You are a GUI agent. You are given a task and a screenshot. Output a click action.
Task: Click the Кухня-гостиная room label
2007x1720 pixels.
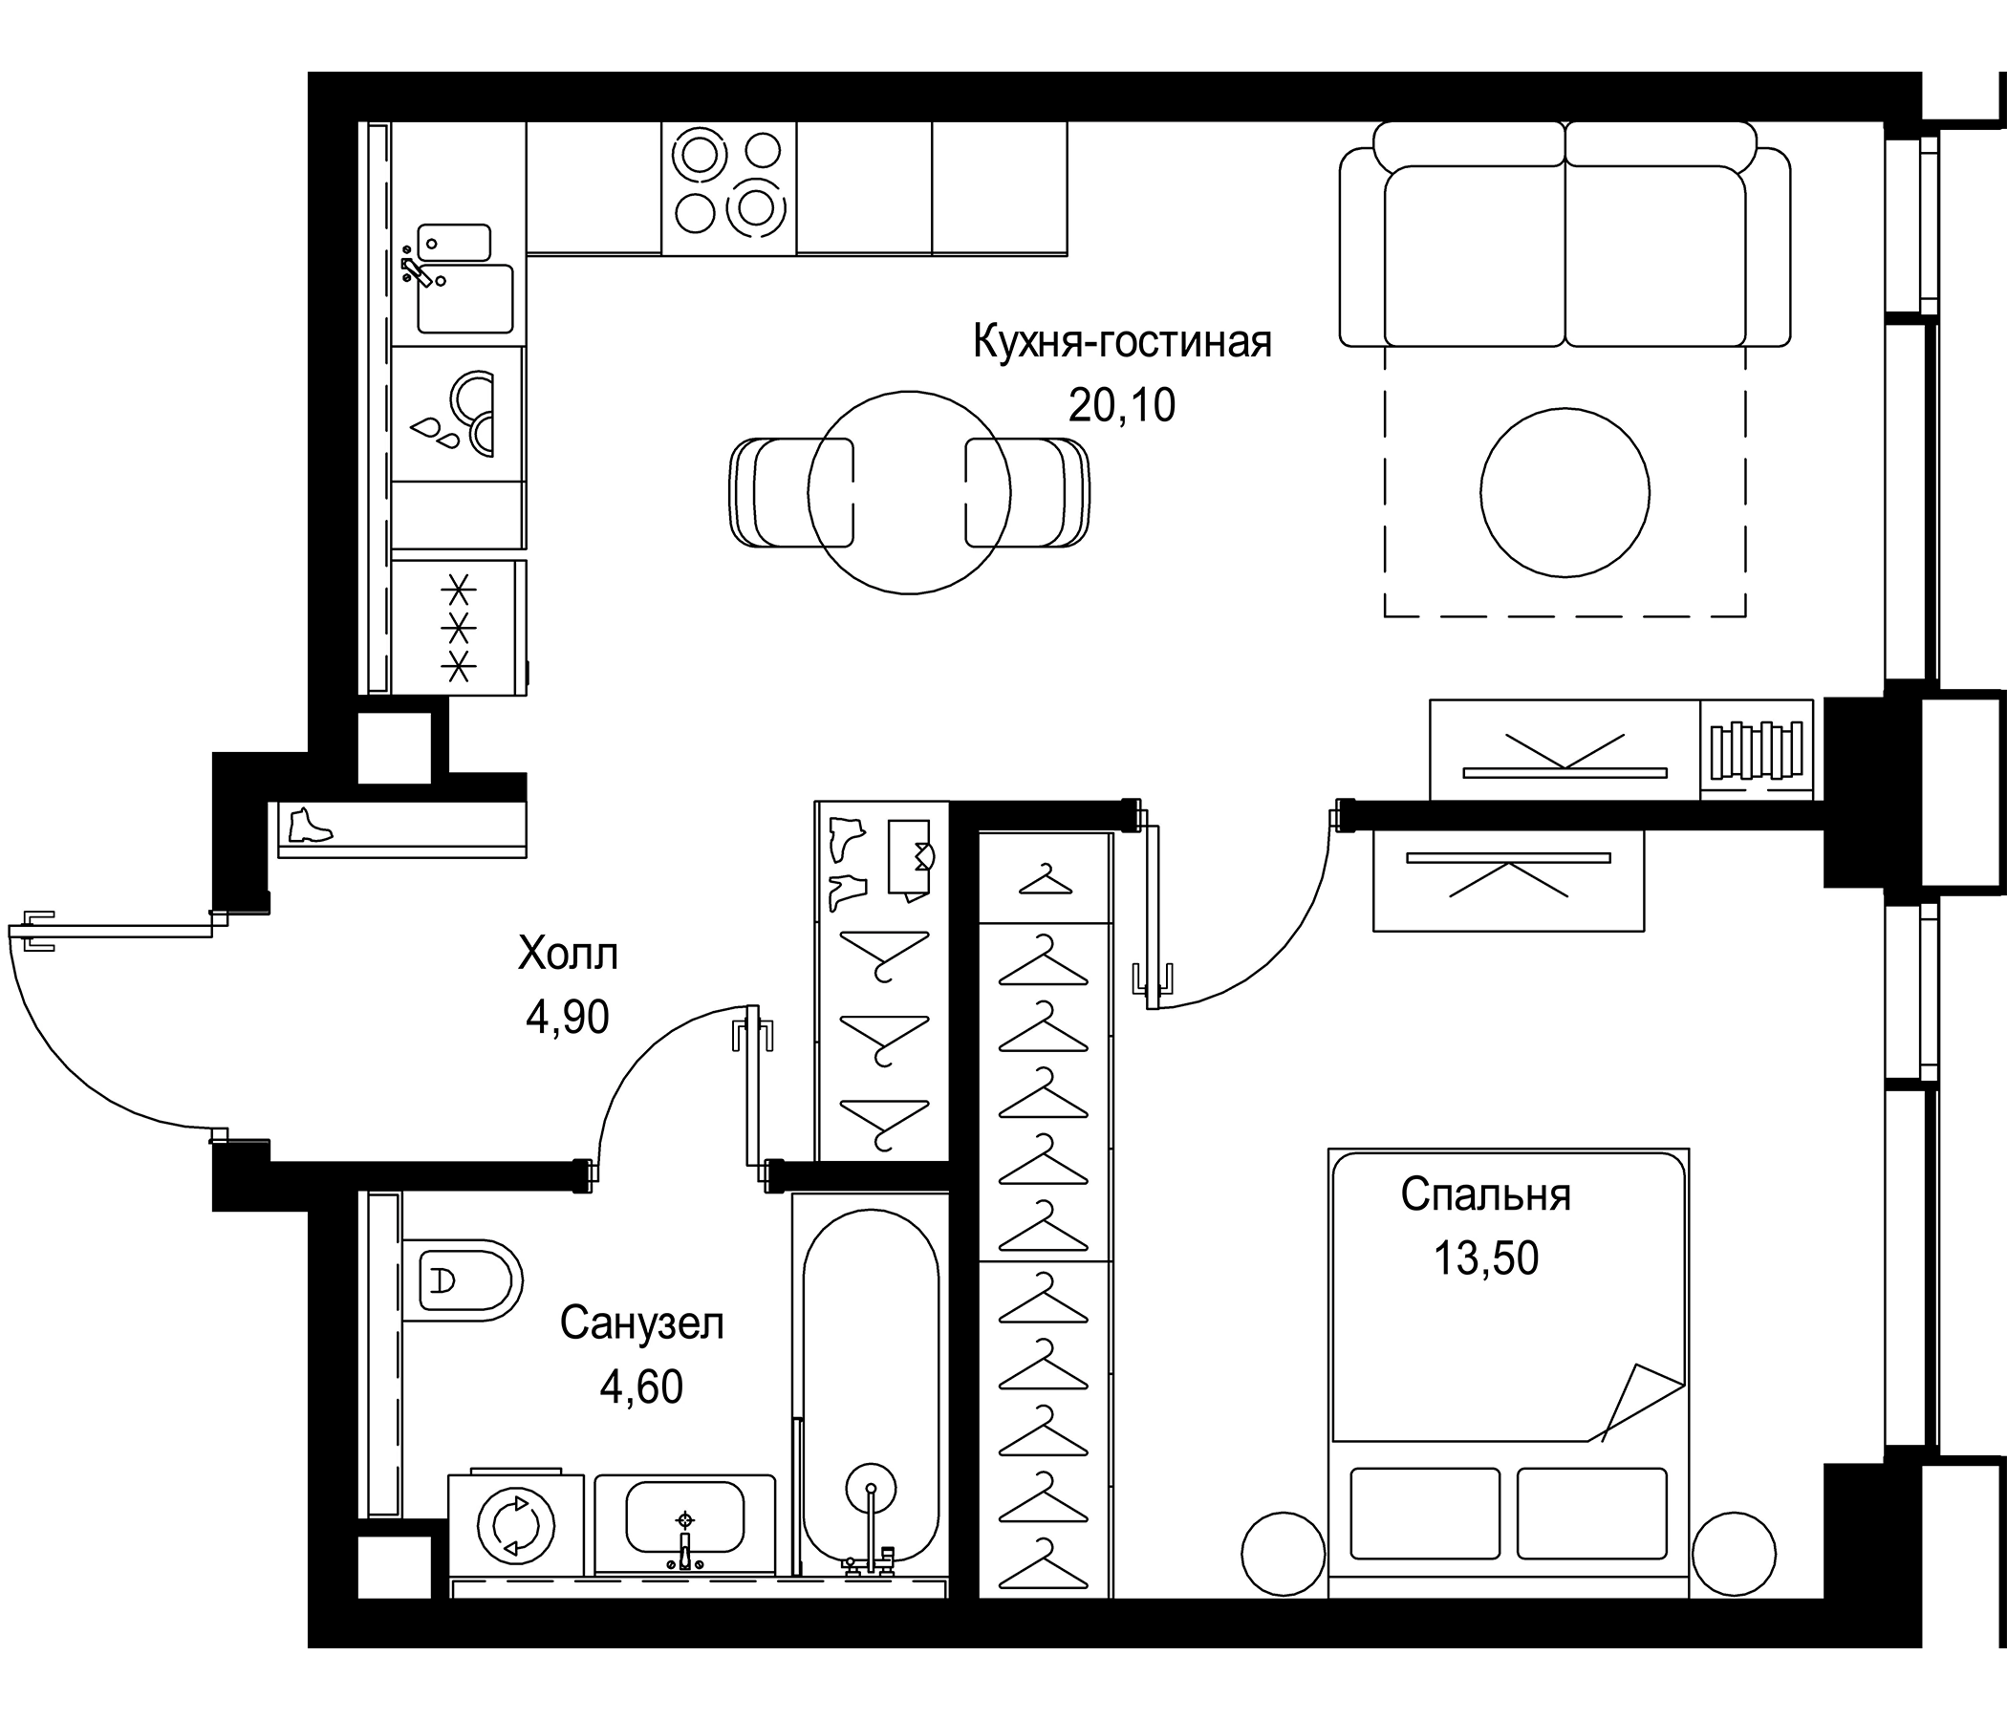coord(1122,342)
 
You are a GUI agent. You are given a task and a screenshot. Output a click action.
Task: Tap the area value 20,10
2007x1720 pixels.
coord(1122,405)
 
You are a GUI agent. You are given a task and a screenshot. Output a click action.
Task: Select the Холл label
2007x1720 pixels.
coord(568,954)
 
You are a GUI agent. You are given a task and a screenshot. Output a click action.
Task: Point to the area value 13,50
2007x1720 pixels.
coord(1486,1258)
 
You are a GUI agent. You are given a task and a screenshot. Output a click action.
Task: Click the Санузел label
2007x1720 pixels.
coord(641,1322)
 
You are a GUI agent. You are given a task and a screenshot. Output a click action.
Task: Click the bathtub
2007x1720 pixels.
coord(870,1385)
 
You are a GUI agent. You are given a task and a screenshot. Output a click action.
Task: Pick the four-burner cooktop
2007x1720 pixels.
coord(728,188)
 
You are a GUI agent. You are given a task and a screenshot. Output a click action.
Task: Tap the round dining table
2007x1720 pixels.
coord(909,492)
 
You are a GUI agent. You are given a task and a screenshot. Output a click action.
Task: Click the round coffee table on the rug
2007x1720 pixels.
coord(1565,492)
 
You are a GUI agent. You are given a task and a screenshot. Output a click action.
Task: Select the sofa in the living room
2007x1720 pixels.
coord(1565,242)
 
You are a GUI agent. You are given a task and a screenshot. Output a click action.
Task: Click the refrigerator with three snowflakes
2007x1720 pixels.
coord(459,627)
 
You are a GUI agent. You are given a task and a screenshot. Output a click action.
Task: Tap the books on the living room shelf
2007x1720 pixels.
coord(1757,749)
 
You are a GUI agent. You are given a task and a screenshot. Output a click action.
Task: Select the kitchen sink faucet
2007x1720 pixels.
coord(419,271)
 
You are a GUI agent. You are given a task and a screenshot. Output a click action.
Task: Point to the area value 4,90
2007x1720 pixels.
coord(568,1017)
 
